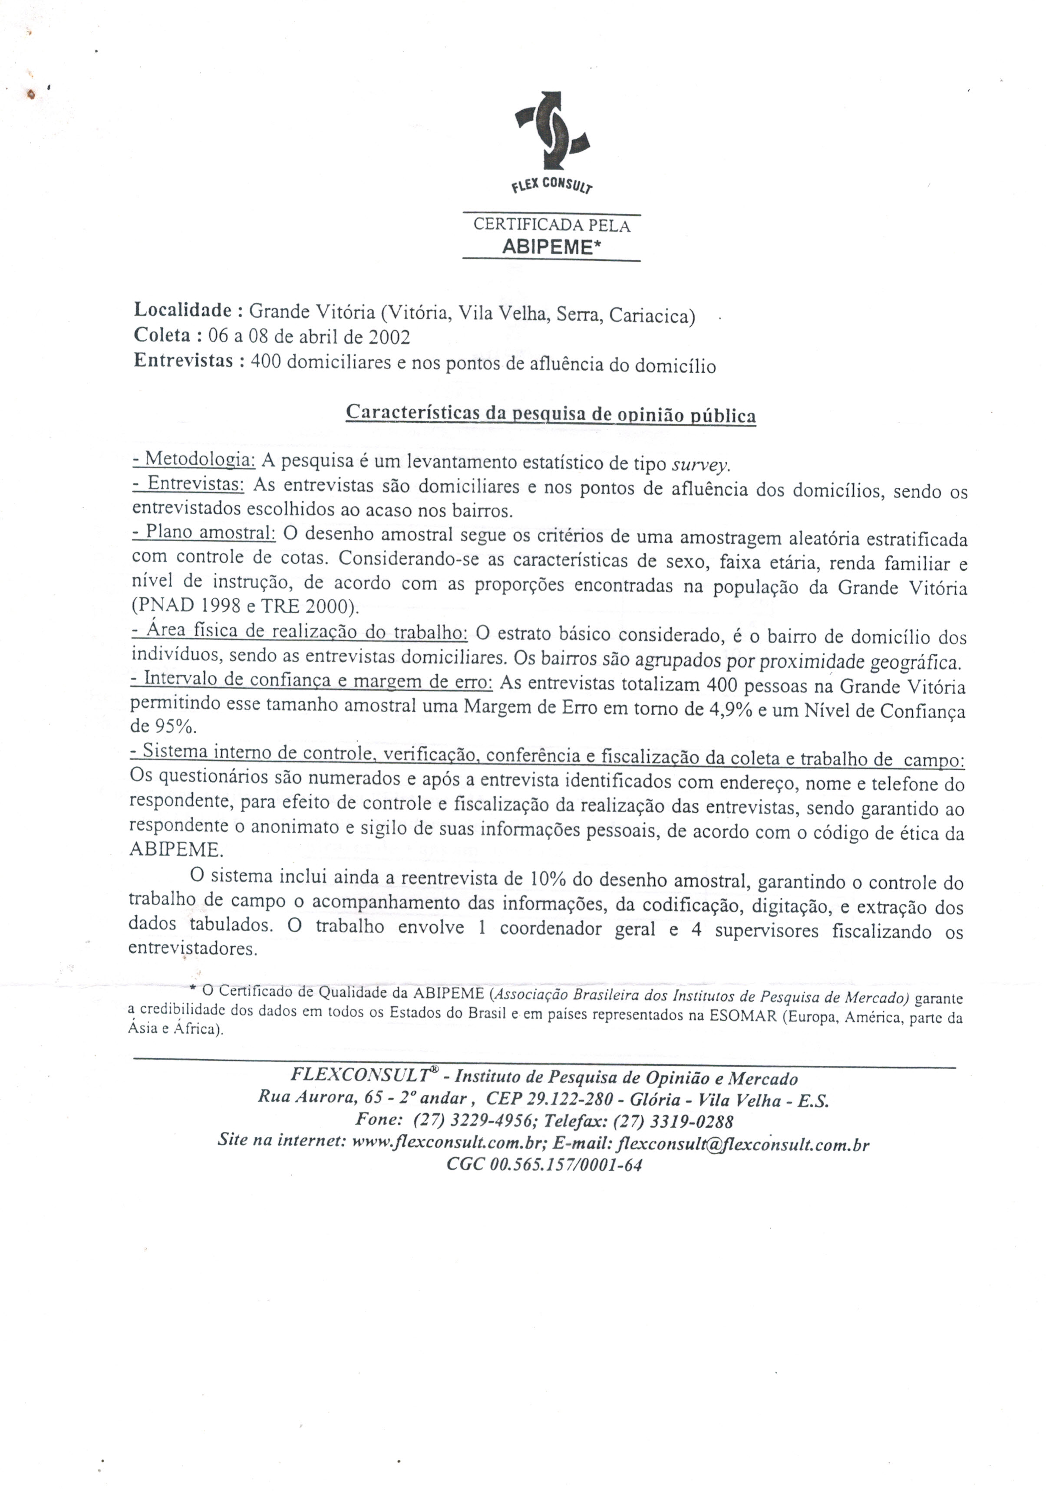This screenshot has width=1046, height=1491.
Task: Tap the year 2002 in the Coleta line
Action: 389,336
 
